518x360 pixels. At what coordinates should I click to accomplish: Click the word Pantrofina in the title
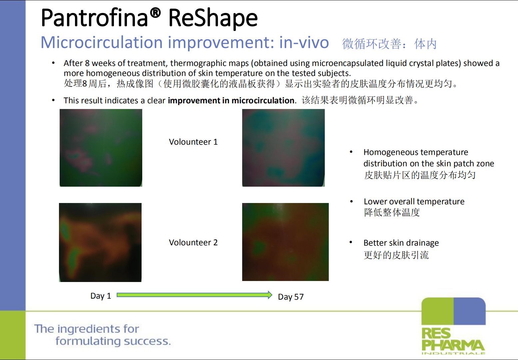(94, 18)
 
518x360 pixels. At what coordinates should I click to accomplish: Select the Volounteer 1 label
(193, 142)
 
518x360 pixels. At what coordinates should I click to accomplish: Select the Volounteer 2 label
(193, 242)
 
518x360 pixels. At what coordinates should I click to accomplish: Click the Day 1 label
(101, 296)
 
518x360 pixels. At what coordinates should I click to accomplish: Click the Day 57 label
(291, 297)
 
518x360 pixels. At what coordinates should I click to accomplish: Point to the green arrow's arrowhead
(270, 295)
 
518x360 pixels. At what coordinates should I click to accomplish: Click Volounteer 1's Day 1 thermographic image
(101, 148)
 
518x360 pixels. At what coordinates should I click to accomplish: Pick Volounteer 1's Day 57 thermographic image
(283, 148)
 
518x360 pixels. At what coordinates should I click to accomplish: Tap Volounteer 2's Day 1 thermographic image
(100, 242)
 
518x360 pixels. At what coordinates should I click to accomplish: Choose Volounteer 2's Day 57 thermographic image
(285, 242)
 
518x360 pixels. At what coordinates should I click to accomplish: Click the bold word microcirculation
(263, 101)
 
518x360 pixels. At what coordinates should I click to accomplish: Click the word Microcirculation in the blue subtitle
(102, 42)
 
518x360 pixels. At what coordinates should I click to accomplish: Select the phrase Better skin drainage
(401, 243)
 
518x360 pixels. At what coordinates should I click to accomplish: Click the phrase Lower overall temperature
(414, 202)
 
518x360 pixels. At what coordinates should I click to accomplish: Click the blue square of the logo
(469, 311)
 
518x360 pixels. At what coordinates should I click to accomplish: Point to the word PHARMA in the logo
(453, 345)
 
